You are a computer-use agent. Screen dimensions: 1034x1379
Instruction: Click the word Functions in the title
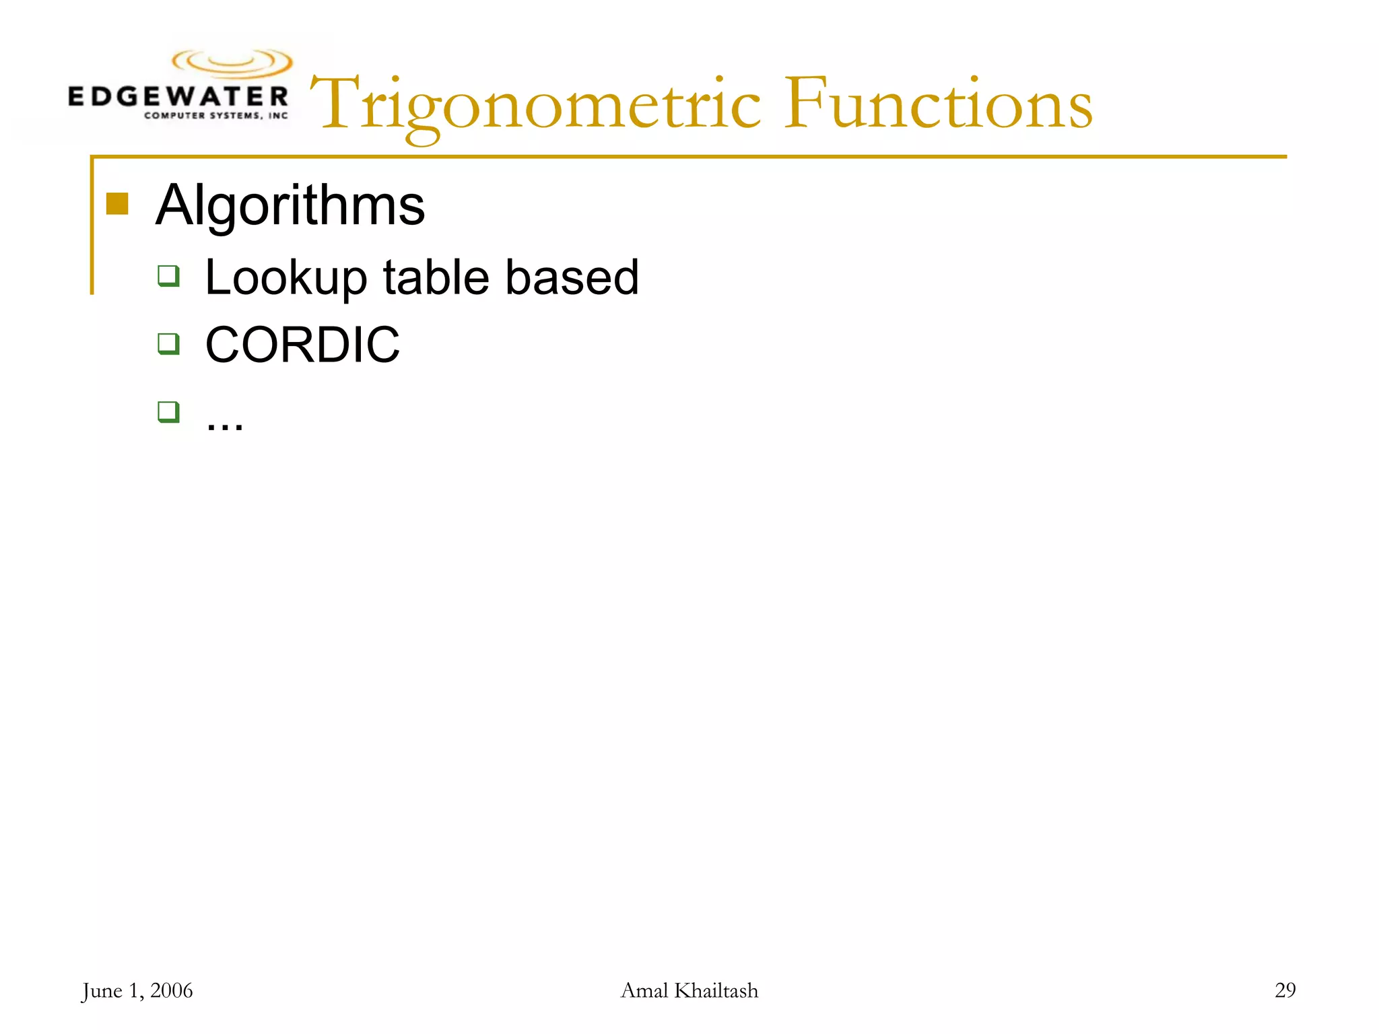(939, 104)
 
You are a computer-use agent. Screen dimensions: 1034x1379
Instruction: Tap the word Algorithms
(290, 205)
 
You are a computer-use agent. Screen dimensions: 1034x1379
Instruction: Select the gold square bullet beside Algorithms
(117, 203)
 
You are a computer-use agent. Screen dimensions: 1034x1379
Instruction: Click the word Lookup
(286, 277)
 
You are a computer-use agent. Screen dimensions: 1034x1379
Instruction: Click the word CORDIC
(302, 345)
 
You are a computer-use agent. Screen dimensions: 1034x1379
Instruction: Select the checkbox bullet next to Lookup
(168, 276)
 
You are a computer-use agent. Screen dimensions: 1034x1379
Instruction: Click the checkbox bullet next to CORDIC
(168, 343)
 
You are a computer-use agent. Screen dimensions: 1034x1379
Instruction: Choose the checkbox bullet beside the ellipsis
(168, 411)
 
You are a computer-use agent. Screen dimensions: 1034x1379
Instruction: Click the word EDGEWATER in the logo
(178, 96)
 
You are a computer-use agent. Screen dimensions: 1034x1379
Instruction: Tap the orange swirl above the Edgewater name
(232, 63)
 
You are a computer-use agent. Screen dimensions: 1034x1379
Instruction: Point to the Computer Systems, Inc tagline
(215, 116)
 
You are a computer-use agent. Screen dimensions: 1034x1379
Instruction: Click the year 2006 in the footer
(171, 990)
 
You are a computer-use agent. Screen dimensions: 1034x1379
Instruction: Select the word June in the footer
(102, 990)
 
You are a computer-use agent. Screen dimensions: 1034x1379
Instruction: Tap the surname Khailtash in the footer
(716, 990)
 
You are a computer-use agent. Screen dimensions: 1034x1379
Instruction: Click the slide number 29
(1285, 990)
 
